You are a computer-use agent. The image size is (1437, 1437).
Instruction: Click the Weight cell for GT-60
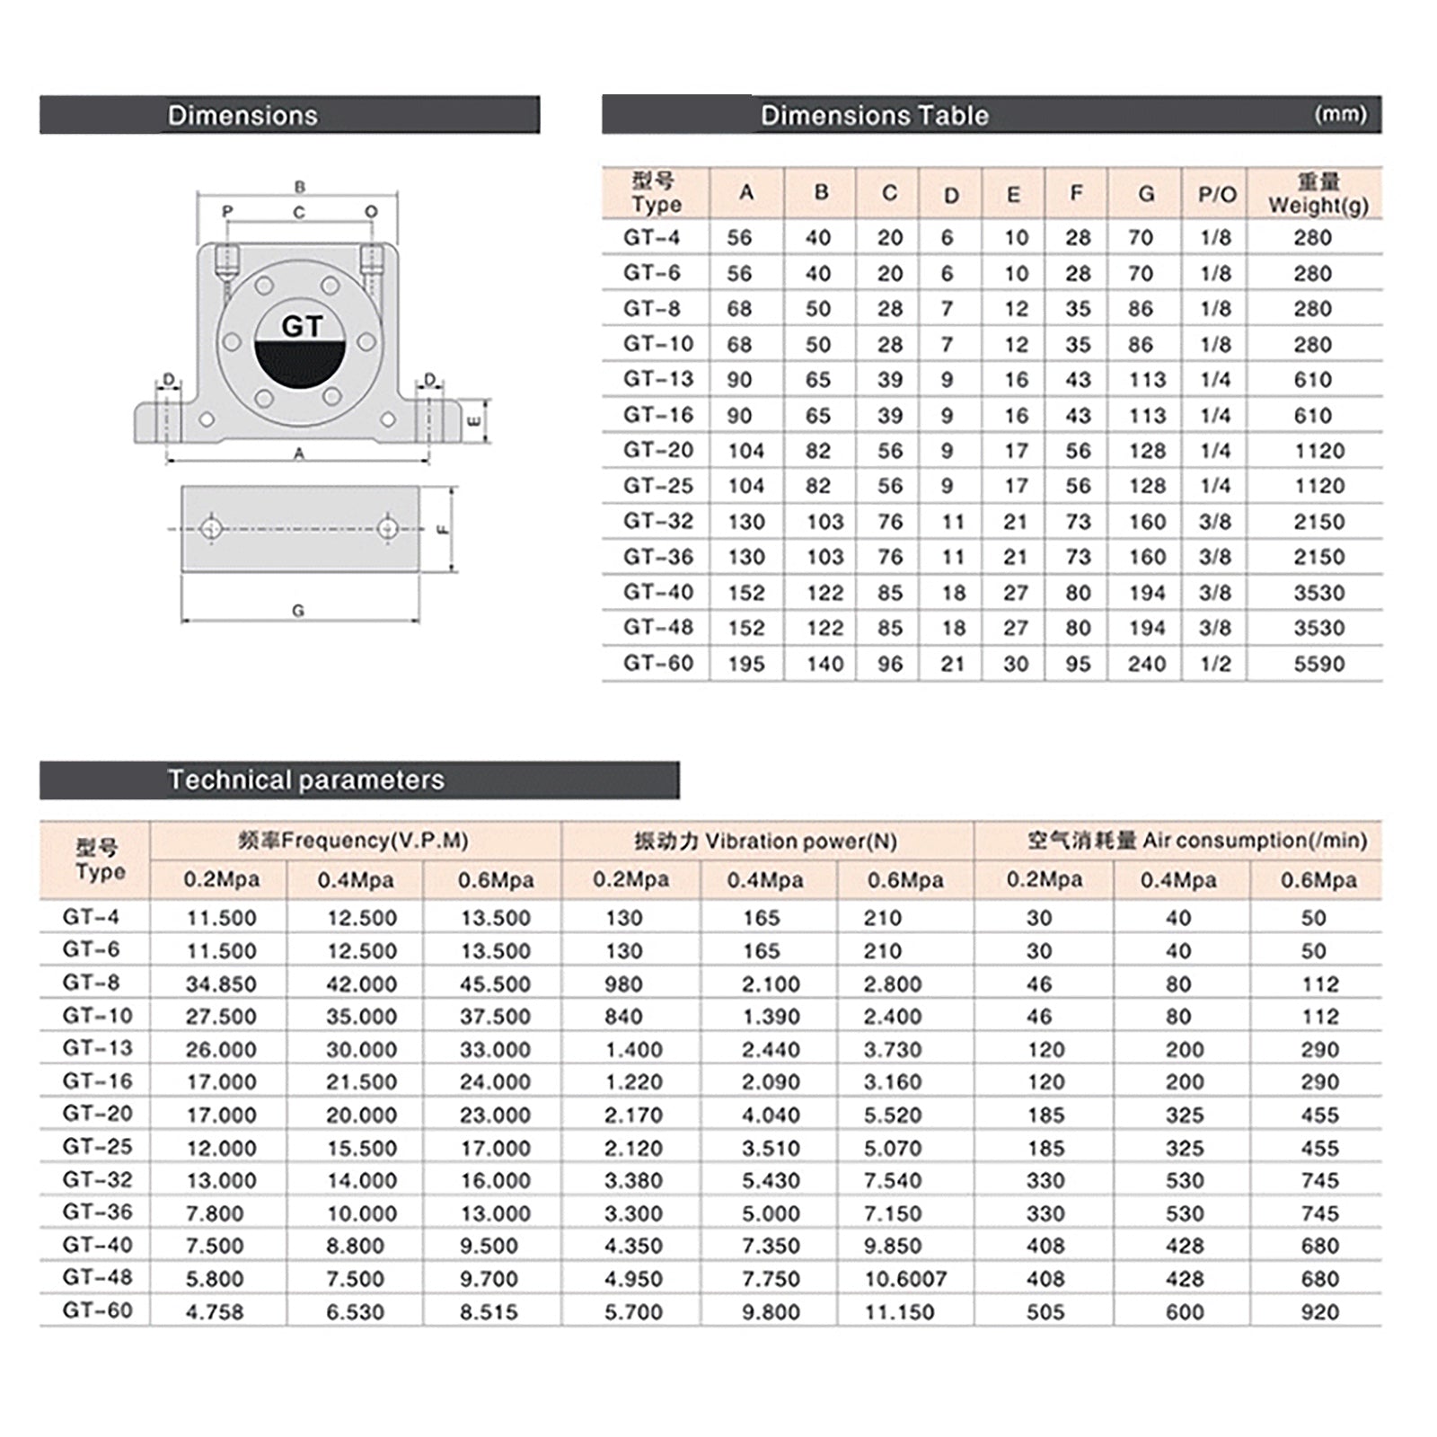(1318, 664)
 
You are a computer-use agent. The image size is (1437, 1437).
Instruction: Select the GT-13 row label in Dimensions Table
(658, 379)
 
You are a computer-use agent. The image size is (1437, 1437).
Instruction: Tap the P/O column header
(1217, 194)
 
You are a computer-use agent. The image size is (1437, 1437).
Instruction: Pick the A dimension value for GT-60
(745, 664)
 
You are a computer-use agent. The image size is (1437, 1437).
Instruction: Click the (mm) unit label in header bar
(1340, 114)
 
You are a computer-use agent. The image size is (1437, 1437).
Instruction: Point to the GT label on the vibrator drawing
(301, 325)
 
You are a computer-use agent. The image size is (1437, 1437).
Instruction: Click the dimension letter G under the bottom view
(298, 611)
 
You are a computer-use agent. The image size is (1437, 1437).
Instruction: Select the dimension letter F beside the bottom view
(442, 530)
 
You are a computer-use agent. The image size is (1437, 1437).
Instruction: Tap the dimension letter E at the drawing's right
(475, 420)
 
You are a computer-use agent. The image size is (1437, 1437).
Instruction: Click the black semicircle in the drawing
(301, 368)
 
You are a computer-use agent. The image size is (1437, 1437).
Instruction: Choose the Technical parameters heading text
(305, 780)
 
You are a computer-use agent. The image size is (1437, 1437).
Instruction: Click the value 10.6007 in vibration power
(905, 1278)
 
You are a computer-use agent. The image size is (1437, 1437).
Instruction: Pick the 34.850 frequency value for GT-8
(221, 983)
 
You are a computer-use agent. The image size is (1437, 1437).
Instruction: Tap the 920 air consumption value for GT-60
(1319, 1311)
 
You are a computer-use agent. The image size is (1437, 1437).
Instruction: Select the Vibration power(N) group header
(765, 841)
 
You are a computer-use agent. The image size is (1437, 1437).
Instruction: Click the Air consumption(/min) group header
(1197, 841)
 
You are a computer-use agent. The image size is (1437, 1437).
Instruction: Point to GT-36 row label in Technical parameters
(97, 1212)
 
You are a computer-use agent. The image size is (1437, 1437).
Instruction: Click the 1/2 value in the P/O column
(1215, 664)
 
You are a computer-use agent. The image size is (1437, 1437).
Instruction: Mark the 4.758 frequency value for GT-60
(215, 1311)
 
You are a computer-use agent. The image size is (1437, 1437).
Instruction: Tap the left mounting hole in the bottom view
(211, 528)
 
